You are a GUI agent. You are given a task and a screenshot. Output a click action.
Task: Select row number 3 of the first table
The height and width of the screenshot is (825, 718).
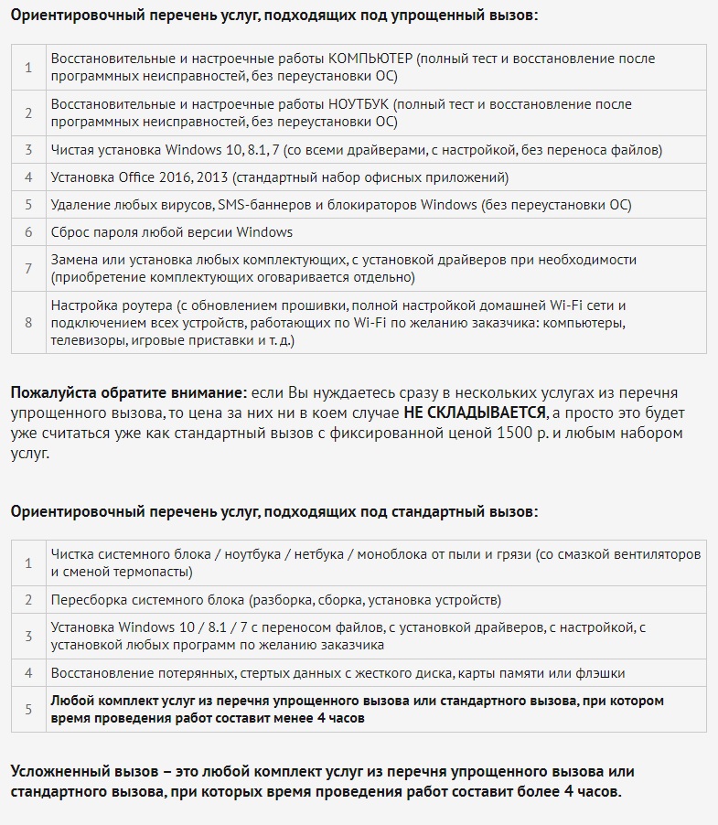pos(28,150)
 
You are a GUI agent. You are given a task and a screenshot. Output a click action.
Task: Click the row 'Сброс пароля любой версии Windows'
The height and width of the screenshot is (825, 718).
pos(172,232)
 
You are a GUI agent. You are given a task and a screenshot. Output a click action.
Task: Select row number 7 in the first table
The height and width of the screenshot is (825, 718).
pos(28,268)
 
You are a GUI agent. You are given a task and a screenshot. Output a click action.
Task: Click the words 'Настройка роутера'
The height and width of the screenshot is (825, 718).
pos(109,305)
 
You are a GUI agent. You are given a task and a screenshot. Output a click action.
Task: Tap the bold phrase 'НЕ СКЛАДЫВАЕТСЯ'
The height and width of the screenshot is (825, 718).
pos(475,412)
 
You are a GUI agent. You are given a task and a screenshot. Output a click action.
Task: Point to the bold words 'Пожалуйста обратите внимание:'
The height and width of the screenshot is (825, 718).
pos(129,393)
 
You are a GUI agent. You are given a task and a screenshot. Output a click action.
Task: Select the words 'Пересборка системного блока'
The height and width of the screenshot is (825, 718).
pos(147,600)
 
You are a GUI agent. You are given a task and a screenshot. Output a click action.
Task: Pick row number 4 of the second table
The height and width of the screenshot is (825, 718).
pos(28,673)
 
